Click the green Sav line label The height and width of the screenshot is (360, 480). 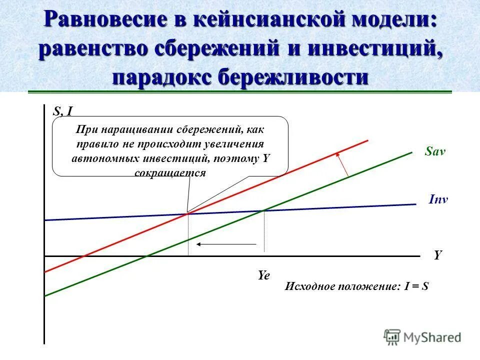(x=434, y=152)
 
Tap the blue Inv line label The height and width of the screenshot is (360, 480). (x=438, y=199)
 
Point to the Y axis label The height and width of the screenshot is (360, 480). (x=438, y=255)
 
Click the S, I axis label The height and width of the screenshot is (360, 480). (x=63, y=112)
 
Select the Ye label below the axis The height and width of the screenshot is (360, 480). (x=263, y=275)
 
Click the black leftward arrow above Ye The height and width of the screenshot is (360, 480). (x=226, y=244)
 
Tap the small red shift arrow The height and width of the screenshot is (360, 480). (x=342, y=163)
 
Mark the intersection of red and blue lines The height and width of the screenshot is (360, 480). (x=187, y=213)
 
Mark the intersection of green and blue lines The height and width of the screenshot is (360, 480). (x=264, y=210)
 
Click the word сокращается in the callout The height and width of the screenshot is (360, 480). (x=170, y=172)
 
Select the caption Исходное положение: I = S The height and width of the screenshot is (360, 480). (x=357, y=287)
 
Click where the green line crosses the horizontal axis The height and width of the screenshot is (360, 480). (x=148, y=256)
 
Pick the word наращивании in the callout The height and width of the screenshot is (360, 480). (x=132, y=130)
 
